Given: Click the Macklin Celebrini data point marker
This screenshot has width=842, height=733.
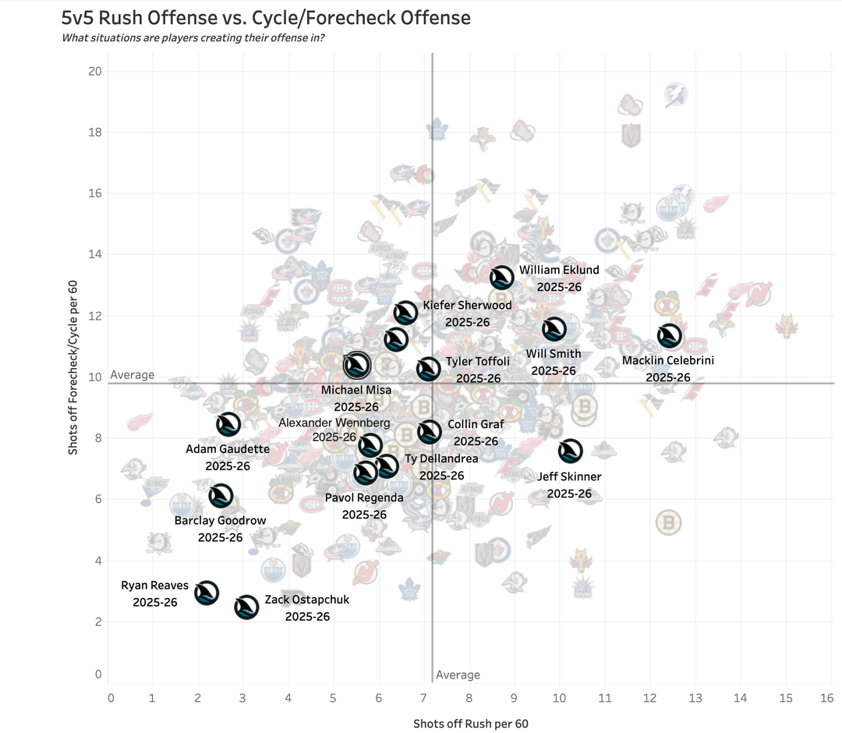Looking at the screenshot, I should (x=669, y=336).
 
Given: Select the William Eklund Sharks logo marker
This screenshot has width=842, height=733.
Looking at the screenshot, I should (x=501, y=277).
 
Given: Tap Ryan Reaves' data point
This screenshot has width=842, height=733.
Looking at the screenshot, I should (x=206, y=593).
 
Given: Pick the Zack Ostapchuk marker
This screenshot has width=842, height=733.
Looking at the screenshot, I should (x=246, y=607).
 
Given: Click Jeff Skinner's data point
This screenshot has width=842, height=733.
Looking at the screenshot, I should (x=571, y=450).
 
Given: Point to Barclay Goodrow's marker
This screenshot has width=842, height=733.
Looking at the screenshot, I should (x=221, y=495).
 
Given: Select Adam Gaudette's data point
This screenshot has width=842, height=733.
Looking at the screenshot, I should (x=228, y=424).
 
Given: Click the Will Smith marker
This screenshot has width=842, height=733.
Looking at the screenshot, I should (x=554, y=329).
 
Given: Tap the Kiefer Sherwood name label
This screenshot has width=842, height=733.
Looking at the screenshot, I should (x=467, y=305).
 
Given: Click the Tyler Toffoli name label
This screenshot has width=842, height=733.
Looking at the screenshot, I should (x=477, y=362).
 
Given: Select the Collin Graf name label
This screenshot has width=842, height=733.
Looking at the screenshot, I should (x=476, y=425).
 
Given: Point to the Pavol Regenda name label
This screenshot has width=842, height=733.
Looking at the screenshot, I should (x=364, y=498).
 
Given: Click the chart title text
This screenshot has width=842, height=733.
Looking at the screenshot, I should (x=266, y=17).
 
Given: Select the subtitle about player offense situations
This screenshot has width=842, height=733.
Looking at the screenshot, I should (x=193, y=37).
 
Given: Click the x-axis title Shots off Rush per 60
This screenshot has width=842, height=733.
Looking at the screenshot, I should (x=470, y=724).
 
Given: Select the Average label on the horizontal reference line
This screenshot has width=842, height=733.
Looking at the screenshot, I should (x=133, y=375).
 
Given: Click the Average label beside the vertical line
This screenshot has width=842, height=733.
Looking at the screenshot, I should (x=458, y=675).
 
